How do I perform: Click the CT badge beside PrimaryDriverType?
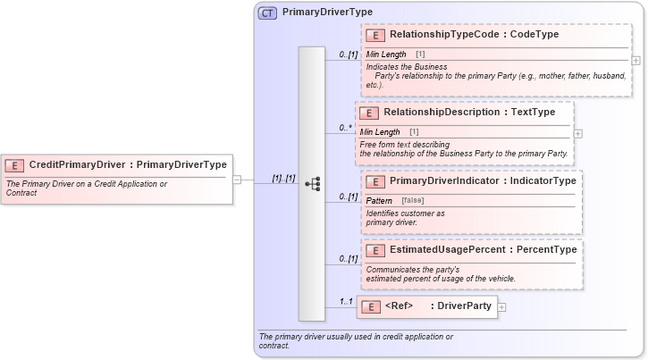[267, 13]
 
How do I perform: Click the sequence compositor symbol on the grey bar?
[313, 184]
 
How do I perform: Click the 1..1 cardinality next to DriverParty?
[344, 301]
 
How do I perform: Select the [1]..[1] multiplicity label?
[283, 178]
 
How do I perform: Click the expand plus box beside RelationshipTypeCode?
[635, 61]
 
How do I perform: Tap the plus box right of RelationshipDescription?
[577, 133]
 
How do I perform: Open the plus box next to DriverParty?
[501, 307]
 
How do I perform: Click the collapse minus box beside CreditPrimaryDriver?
[237, 179]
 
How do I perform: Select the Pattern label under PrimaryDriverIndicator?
[379, 201]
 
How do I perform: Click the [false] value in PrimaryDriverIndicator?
[413, 201]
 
